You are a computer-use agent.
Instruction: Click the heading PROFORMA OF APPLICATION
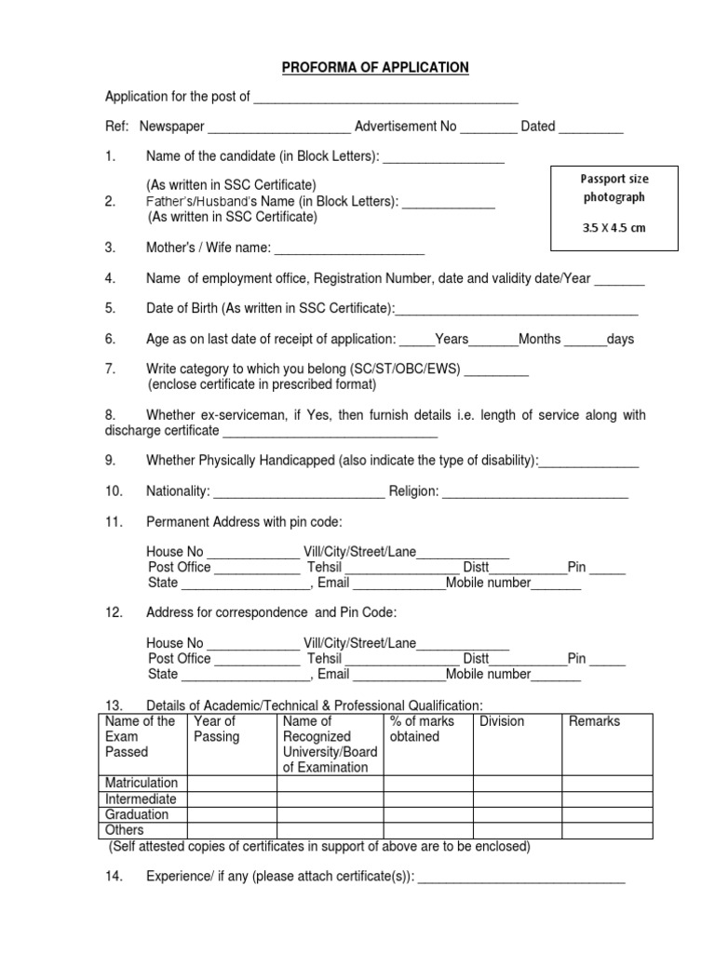coord(363,68)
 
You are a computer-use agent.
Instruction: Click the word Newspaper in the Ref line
coord(171,127)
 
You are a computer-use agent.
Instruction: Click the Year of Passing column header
coord(216,729)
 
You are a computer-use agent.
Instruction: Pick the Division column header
coord(502,721)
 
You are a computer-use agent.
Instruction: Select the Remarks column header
coord(594,721)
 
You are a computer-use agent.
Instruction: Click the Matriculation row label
coord(142,783)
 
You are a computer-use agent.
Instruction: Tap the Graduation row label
coord(138,814)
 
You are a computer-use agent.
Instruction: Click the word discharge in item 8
coord(134,431)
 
